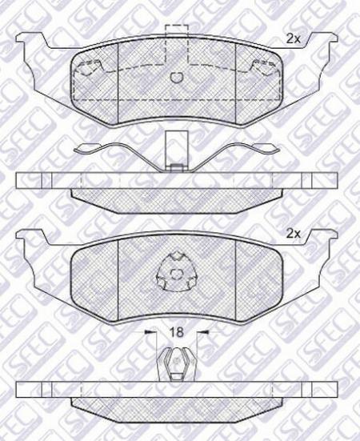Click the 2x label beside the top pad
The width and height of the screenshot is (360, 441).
(x=293, y=38)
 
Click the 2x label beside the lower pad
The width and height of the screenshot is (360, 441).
(x=293, y=234)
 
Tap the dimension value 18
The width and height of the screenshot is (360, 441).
(x=177, y=332)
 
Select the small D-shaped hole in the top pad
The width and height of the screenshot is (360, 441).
(x=177, y=78)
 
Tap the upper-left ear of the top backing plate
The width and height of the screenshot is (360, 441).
(x=31, y=40)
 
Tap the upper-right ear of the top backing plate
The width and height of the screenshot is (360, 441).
(x=322, y=40)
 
